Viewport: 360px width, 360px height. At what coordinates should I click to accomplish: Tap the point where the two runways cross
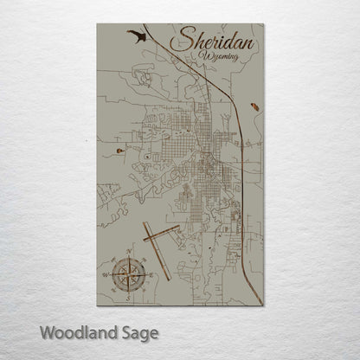[151, 236]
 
